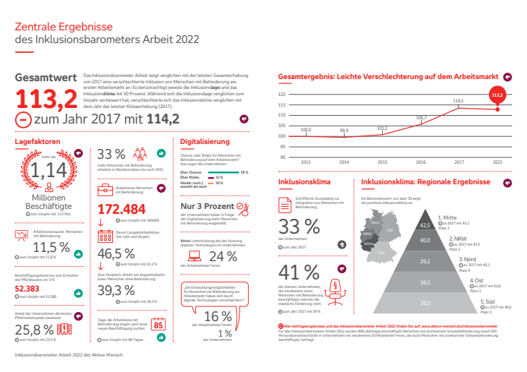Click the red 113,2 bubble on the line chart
(497, 95)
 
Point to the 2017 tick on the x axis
(458, 162)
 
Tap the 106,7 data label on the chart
(422, 117)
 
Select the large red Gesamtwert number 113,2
(47, 100)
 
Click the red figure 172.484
(122, 209)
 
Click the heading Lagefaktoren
(37, 141)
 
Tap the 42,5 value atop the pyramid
(425, 224)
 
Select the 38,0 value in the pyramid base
(425, 303)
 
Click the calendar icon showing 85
(158, 325)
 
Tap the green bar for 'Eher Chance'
(225, 172)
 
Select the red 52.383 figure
(28, 288)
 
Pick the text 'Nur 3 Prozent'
(207, 207)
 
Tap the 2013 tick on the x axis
(306, 162)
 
